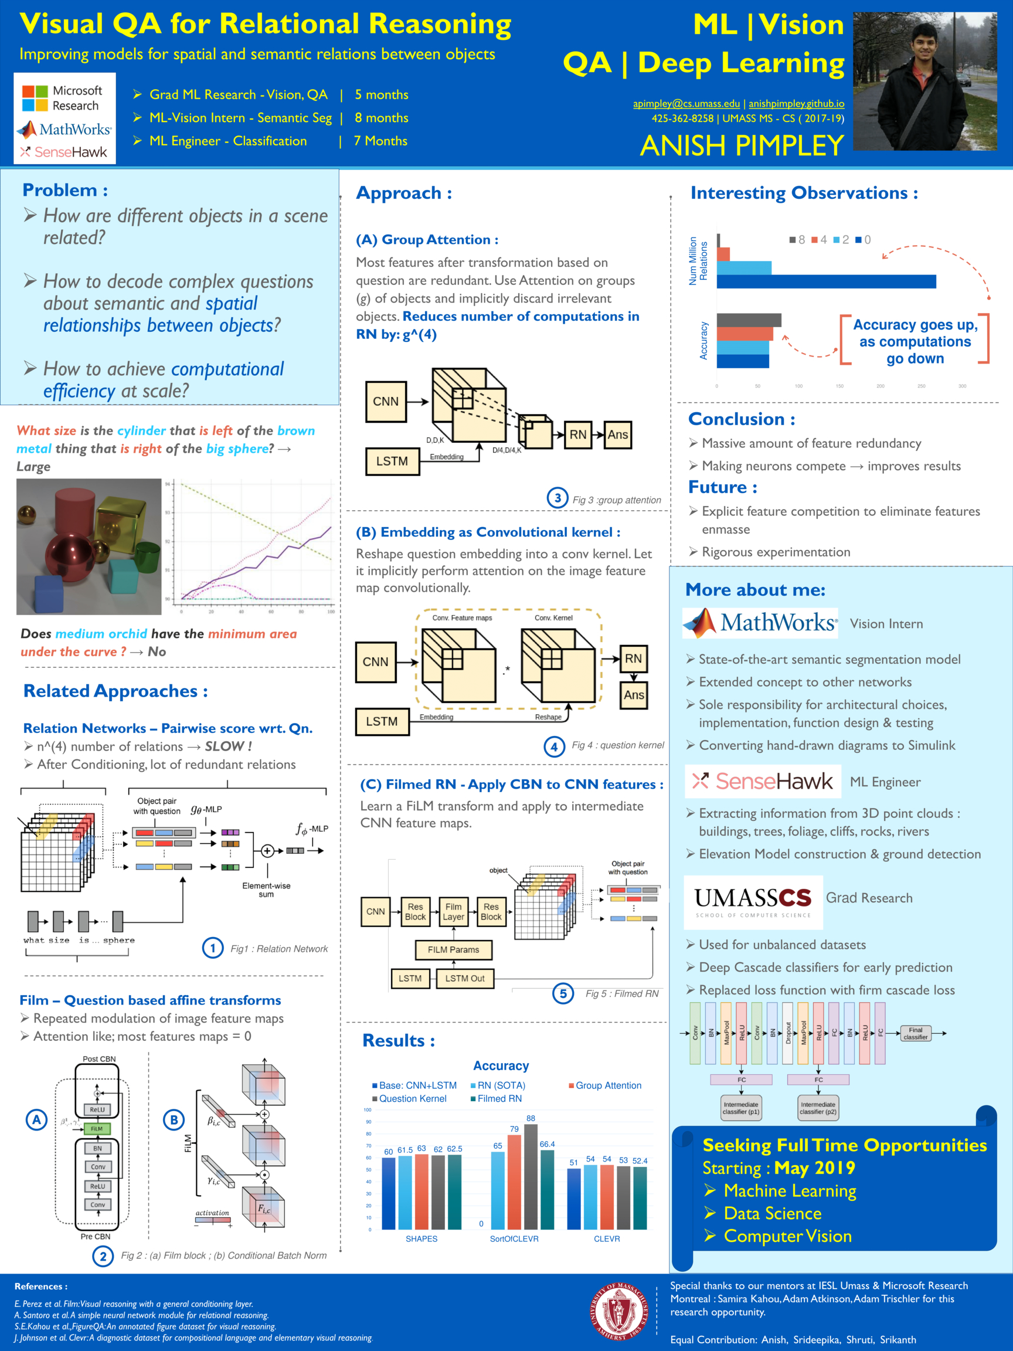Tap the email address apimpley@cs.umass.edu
(686, 104)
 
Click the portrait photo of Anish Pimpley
(924, 82)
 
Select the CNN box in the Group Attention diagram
(385, 401)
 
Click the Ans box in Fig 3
(617, 435)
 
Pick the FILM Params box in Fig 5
(453, 950)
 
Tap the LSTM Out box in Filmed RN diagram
(465, 979)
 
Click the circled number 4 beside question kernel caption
(554, 746)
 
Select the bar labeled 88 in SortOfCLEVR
(531, 1176)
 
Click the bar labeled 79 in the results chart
(514, 1182)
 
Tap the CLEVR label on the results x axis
(606, 1238)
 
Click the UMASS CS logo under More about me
(752, 901)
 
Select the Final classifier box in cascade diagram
(915, 1033)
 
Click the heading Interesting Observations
(804, 193)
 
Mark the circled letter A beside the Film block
(36, 1119)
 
